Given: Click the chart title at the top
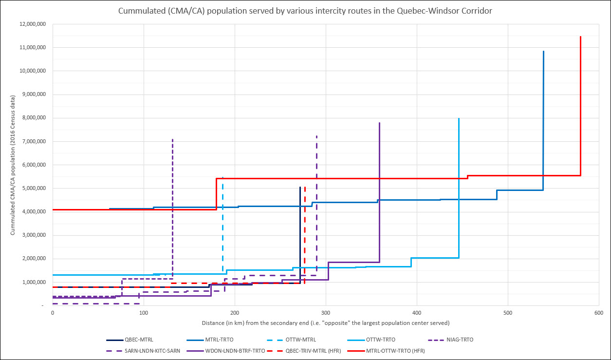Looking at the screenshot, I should pos(305,11).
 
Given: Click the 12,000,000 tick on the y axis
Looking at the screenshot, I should pos(32,24).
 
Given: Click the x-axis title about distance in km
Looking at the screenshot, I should pos(325,323).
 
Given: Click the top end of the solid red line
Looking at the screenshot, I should pos(580,37).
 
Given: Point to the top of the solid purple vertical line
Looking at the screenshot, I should pos(379,123).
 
